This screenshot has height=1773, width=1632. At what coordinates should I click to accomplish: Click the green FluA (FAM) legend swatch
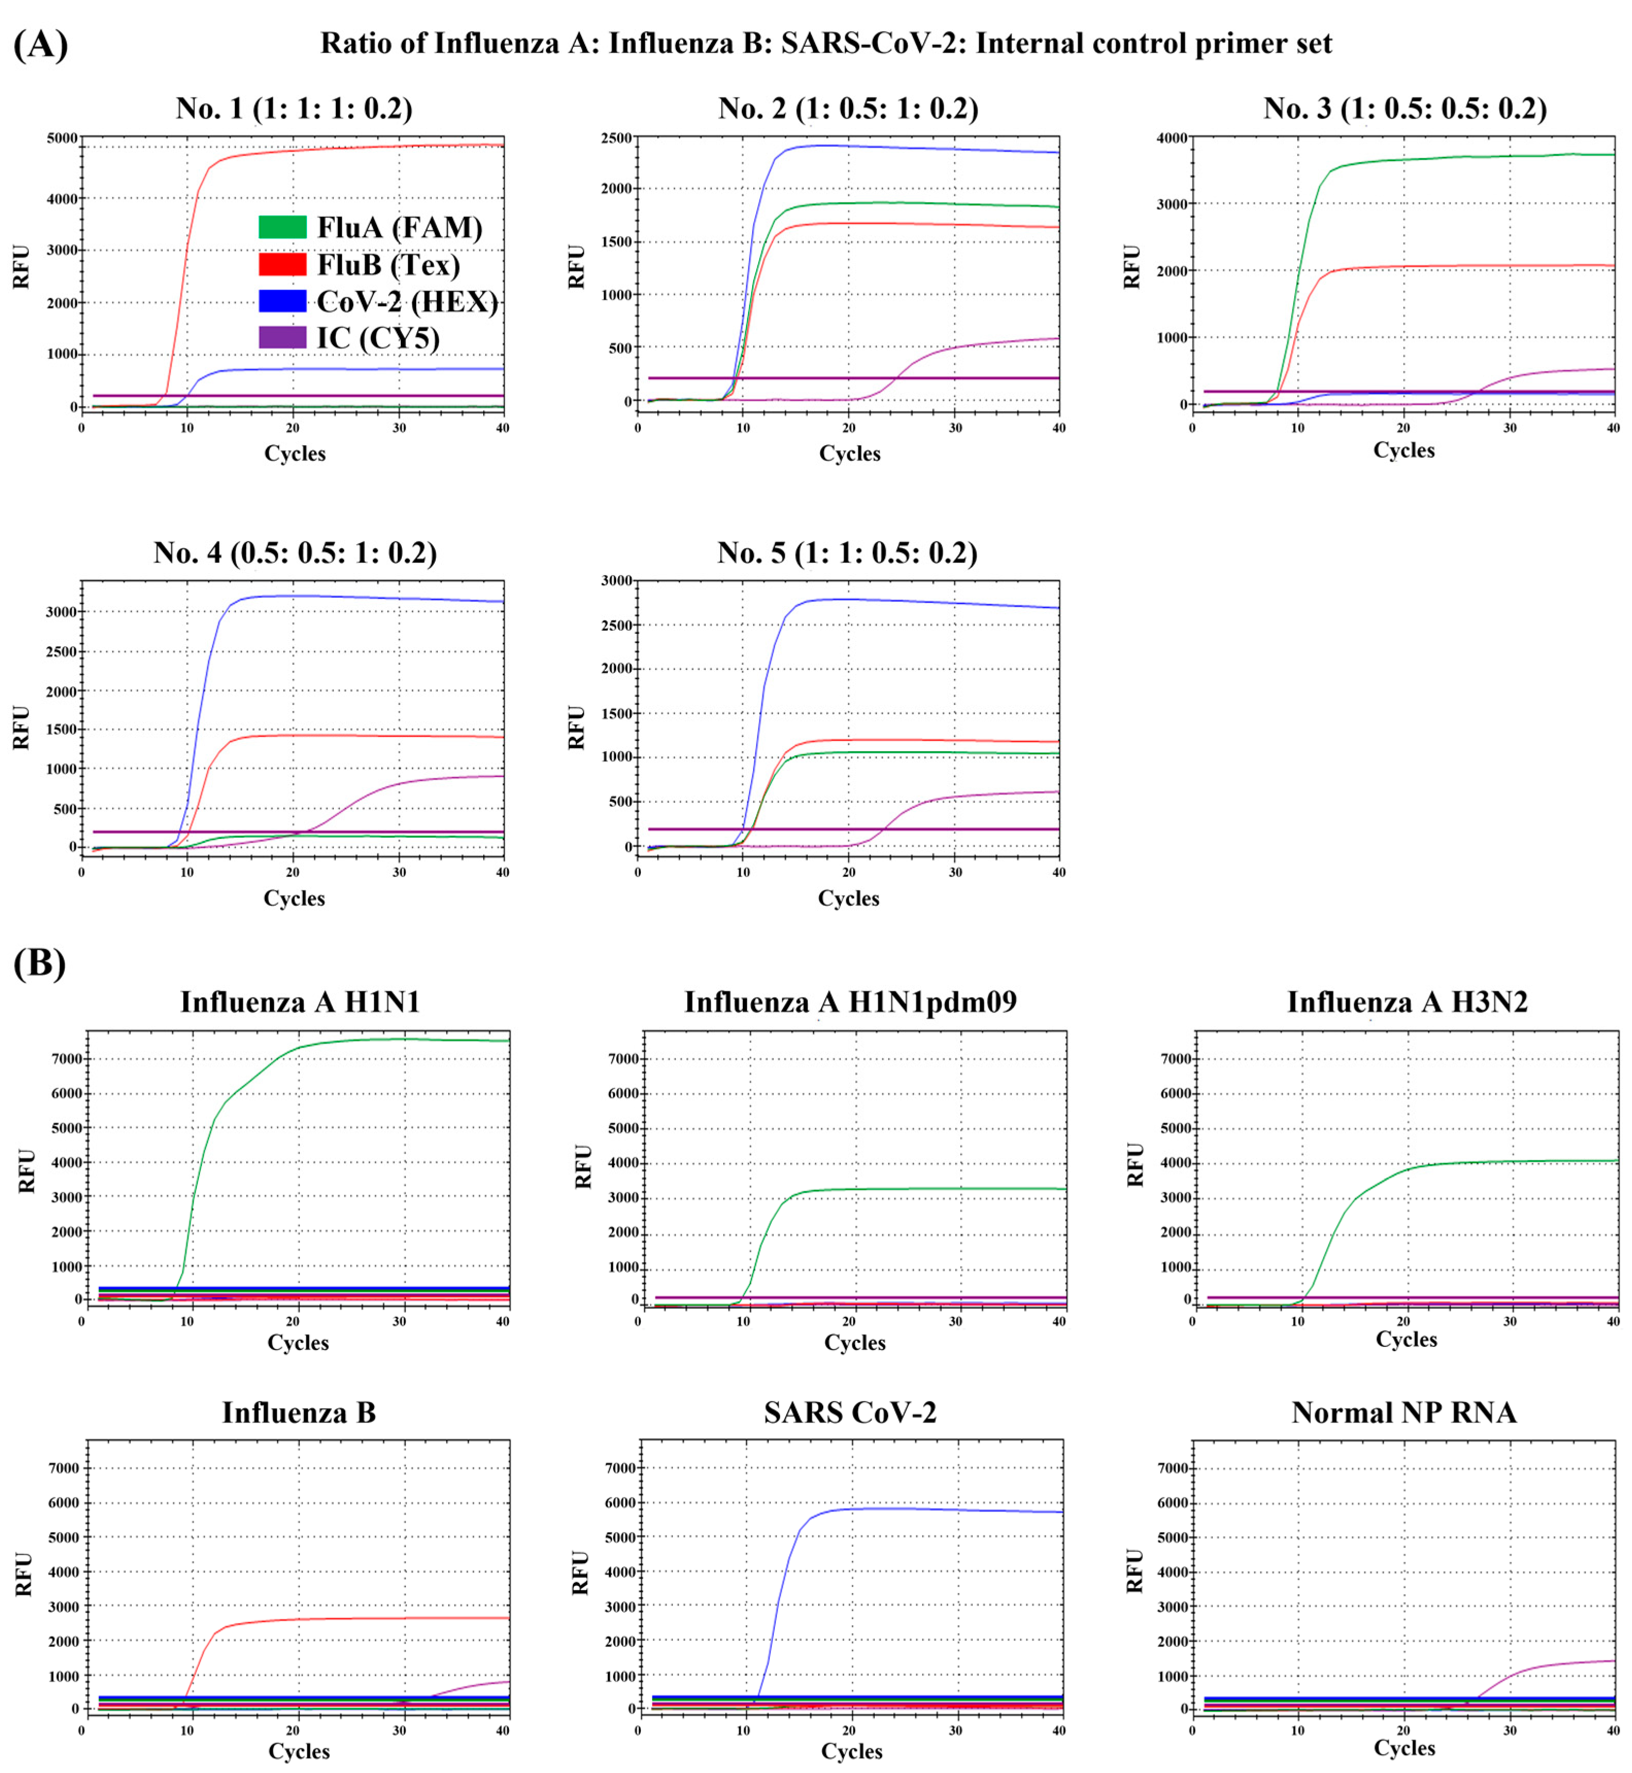click(282, 227)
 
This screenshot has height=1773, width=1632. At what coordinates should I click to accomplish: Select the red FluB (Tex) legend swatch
click(282, 264)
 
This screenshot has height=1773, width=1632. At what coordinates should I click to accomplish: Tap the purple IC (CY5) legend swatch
click(282, 337)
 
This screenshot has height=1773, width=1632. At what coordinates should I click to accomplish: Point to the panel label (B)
click(39, 963)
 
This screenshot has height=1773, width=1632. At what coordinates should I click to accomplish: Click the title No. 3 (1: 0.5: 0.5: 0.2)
click(1404, 109)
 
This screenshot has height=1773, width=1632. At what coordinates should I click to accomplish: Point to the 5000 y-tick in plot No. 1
click(62, 139)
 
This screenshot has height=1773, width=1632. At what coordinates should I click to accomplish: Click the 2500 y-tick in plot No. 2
click(617, 138)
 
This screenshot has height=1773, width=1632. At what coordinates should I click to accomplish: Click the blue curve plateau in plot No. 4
click(353, 597)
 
